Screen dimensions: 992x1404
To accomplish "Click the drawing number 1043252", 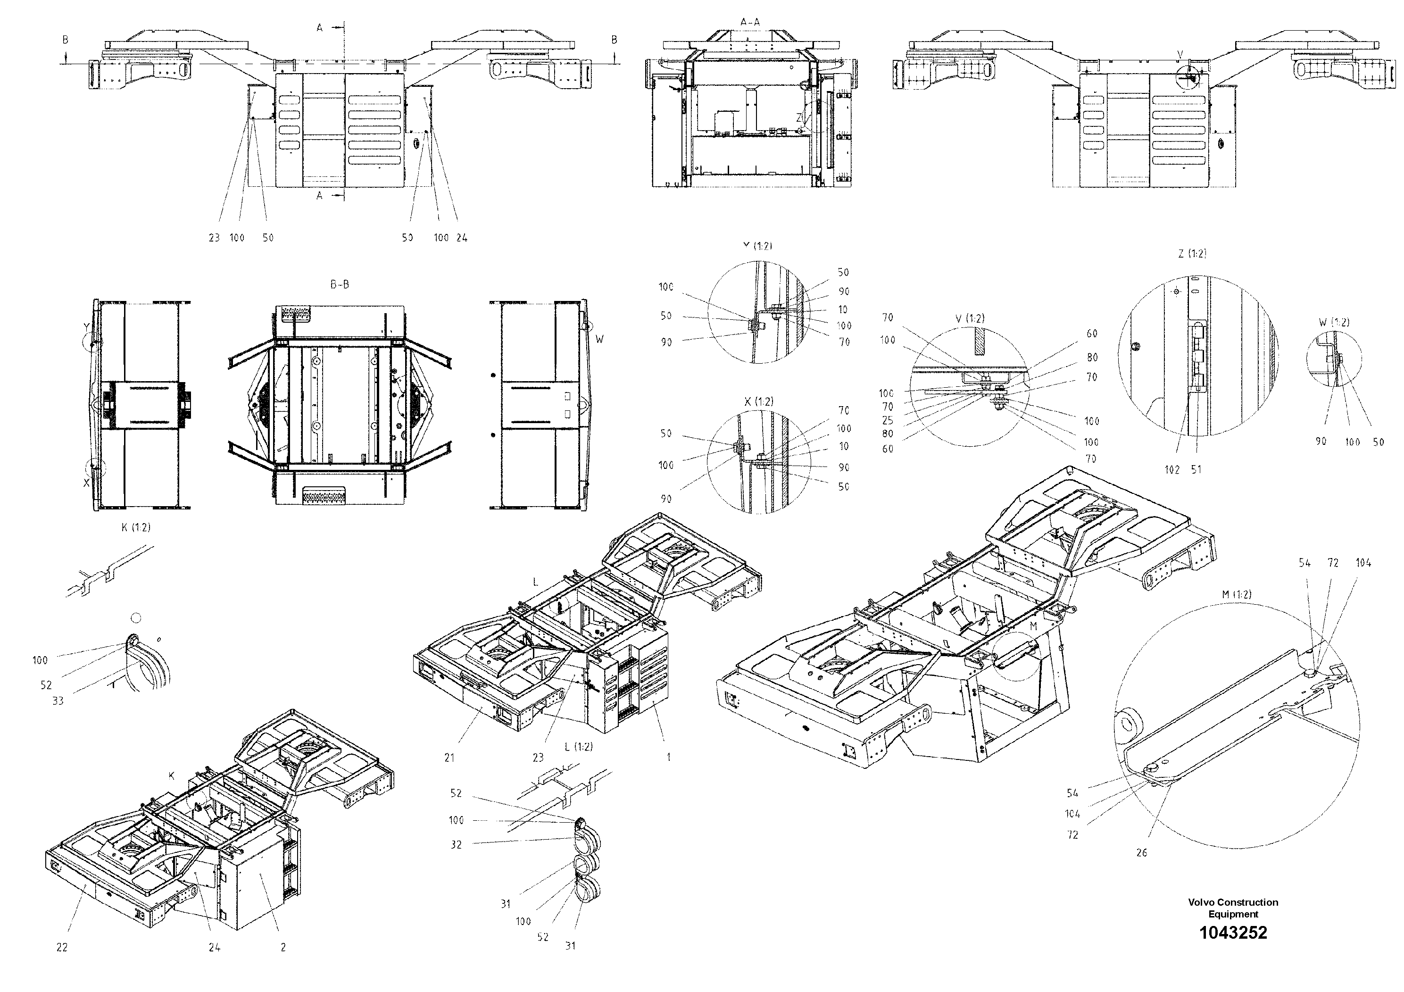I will [x=1233, y=933].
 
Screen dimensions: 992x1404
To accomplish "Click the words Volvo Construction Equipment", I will [x=1233, y=908].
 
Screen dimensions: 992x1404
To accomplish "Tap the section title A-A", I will [x=750, y=22].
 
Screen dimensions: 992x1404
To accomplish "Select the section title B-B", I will [x=340, y=284].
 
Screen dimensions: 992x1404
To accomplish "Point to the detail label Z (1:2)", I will [x=1192, y=253].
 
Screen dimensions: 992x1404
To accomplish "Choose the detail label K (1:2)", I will [x=136, y=527].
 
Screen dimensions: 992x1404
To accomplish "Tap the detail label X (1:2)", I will [x=758, y=402].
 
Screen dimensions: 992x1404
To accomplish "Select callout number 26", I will [x=1142, y=852].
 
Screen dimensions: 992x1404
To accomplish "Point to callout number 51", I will [x=1196, y=470].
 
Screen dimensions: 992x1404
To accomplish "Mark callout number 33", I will [x=58, y=701].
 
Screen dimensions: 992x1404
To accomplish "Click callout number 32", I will [x=456, y=845].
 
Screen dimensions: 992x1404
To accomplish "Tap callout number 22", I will [x=62, y=947].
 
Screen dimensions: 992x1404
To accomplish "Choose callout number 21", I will [x=449, y=758].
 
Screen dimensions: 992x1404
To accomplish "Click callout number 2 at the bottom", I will [x=283, y=947].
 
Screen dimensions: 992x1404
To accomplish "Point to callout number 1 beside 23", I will [x=668, y=757].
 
